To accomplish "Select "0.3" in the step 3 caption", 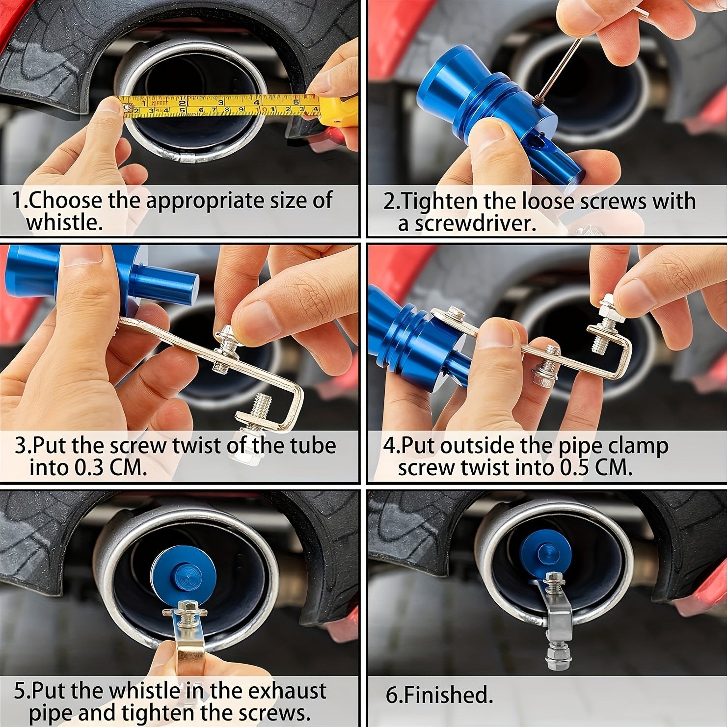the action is (x=89, y=467).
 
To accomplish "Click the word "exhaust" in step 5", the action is (x=287, y=691).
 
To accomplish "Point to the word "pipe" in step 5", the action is (x=50, y=713).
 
